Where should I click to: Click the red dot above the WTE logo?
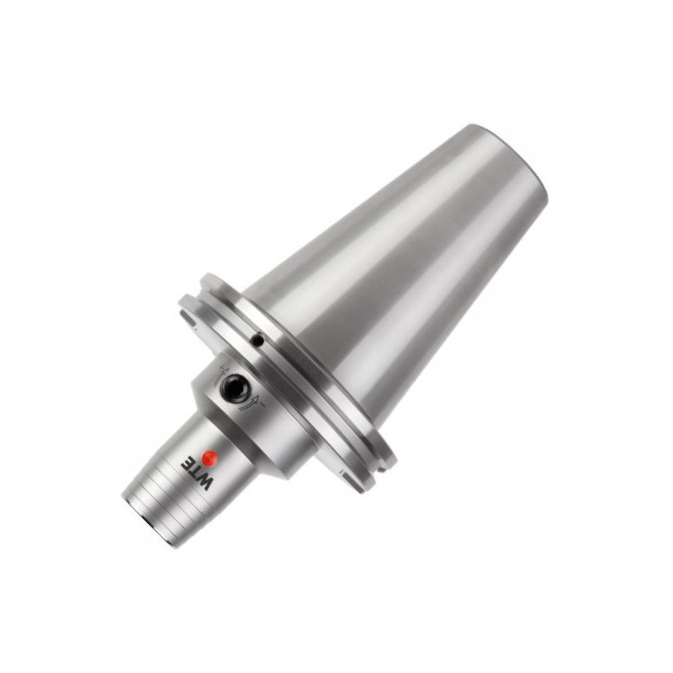point(211,458)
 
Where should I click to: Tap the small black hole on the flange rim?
point(258,340)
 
